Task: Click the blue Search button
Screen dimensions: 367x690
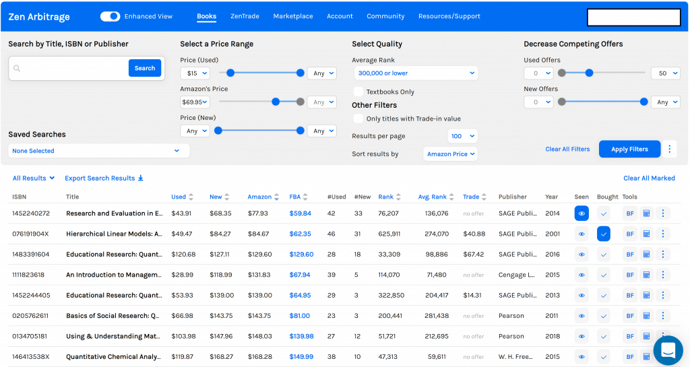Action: click(x=145, y=68)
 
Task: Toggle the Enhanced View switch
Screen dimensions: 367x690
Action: click(x=110, y=16)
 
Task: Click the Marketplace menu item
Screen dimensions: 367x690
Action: click(x=293, y=16)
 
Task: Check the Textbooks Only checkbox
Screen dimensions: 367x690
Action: click(x=358, y=92)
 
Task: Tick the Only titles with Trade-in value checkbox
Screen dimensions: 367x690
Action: click(x=358, y=119)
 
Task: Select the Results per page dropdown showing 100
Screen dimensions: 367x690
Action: click(x=462, y=136)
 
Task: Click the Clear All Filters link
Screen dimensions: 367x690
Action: click(x=567, y=149)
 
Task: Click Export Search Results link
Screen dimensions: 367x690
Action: click(x=104, y=178)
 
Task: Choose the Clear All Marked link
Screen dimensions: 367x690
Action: click(x=649, y=178)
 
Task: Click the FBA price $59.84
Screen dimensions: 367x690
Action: click(x=301, y=213)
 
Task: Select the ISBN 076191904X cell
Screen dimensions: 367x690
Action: click(x=30, y=234)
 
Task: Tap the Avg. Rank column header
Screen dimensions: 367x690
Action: click(x=432, y=197)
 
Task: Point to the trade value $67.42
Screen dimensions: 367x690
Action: click(x=474, y=255)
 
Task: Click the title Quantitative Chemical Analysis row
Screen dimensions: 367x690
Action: click(x=114, y=357)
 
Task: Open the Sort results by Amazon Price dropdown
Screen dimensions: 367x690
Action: click(x=451, y=154)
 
